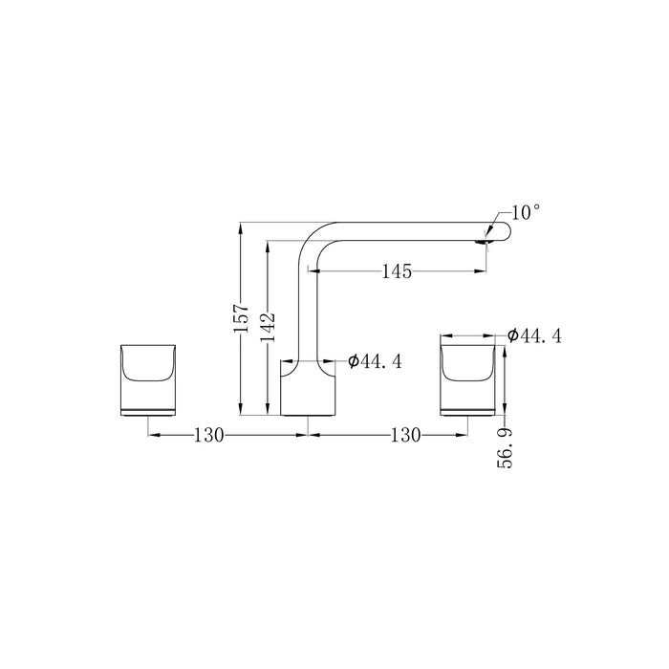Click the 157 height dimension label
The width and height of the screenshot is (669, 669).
point(242,318)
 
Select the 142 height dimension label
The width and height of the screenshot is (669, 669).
point(268,327)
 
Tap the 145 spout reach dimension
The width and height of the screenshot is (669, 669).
point(397,271)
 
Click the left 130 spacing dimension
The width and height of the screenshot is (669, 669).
point(208,435)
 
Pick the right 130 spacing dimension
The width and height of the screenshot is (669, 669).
point(406,435)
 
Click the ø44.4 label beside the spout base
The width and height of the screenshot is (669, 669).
point(375,362)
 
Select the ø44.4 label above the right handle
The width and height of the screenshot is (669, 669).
point(534,335)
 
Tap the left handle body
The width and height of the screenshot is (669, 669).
point(148,379)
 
